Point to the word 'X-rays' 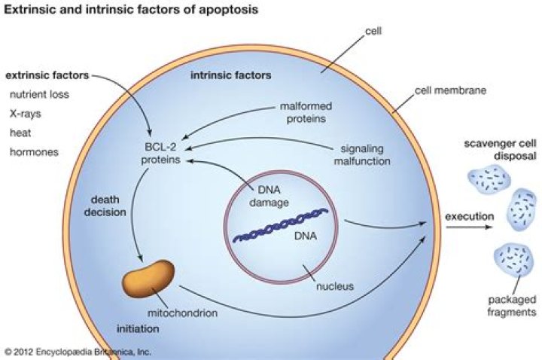point(26,114)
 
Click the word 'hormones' point(33,152)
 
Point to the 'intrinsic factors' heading point(230,76)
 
